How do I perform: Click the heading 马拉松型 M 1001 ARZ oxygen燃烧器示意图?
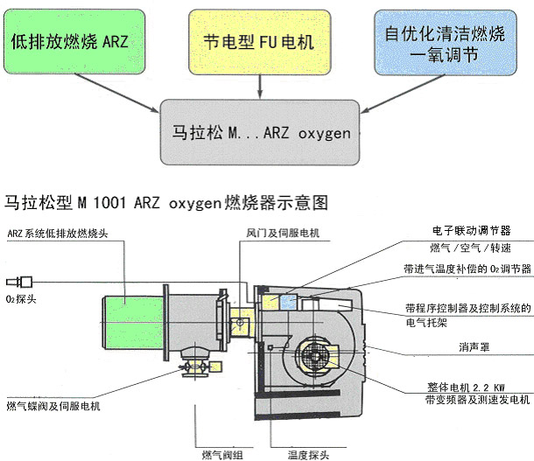[x=166, y=203]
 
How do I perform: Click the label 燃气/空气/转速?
[x=470, y=248]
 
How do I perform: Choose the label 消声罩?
[x=473, y=347]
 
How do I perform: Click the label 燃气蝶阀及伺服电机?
[x=53, y=406]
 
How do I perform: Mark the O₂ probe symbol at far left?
[x=19, y=282]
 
